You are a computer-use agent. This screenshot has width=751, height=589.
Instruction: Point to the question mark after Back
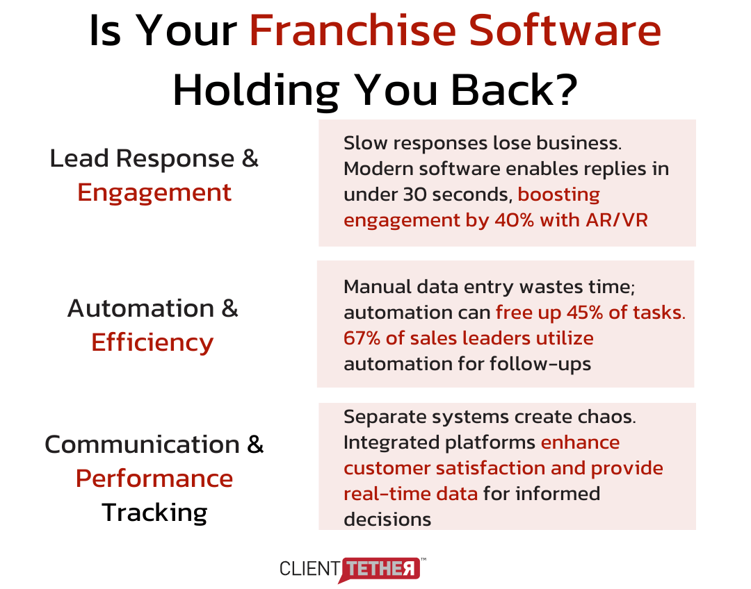point(567,89)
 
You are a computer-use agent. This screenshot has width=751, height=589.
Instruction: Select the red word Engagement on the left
point(154,194)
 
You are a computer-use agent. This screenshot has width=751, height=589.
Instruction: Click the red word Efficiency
point(152,343)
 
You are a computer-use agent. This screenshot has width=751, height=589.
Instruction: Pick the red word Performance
point(154,479)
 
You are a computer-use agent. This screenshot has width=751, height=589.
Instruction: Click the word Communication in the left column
point(143,445)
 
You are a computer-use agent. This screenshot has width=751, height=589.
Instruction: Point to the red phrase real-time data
point(411,494)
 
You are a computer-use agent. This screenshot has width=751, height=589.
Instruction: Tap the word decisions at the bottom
point(387,520)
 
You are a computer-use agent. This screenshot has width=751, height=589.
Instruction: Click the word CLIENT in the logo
point(310,569)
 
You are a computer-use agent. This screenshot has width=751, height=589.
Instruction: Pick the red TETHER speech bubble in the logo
point(380,569)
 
